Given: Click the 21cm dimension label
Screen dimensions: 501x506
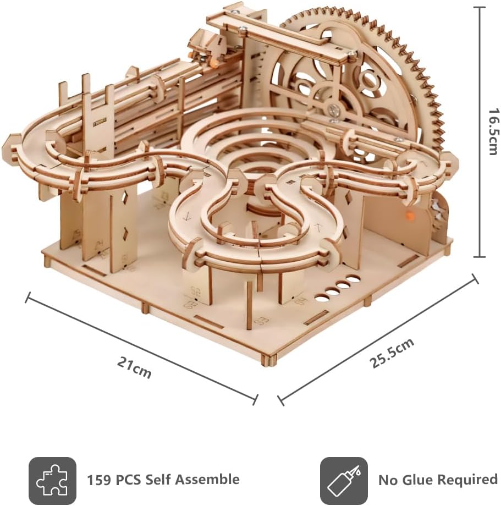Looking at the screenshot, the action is coord(134,367).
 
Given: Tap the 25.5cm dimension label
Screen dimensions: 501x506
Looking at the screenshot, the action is coord(392,353).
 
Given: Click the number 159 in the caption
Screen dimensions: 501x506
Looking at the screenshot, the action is coord(98,480).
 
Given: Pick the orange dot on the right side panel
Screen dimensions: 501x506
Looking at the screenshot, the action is coord(410,214).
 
